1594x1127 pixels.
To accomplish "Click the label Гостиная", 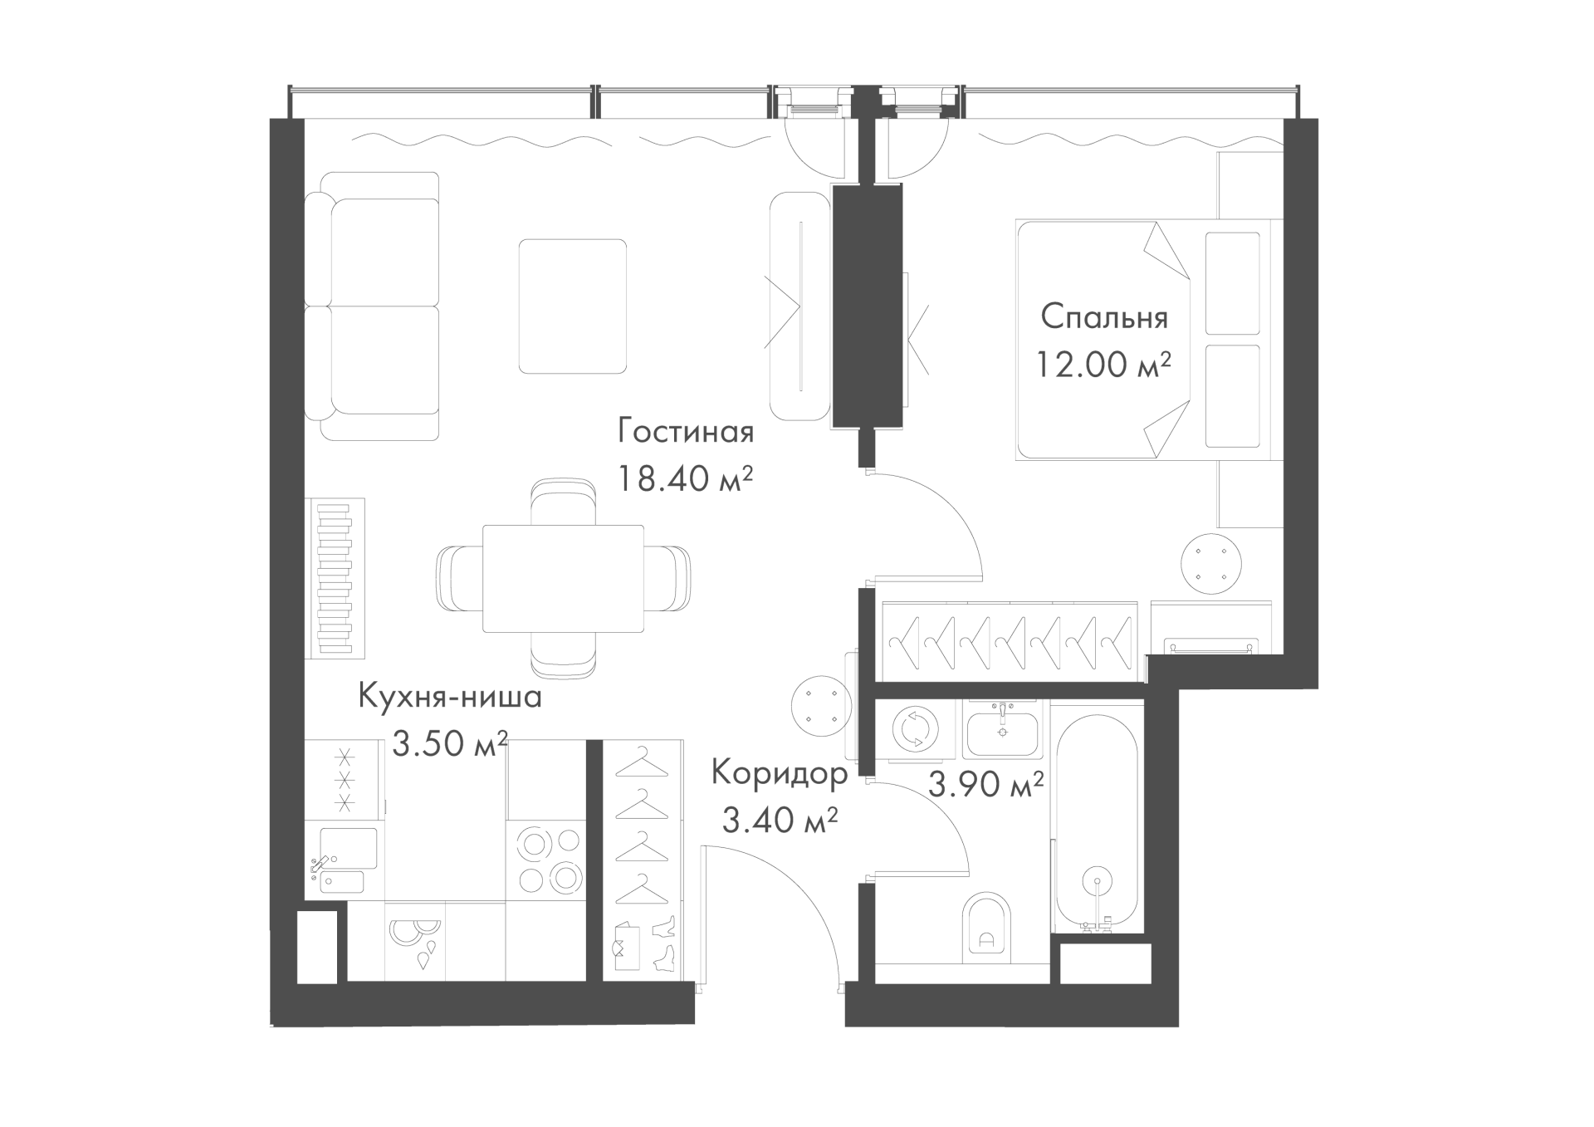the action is (x=686, y=432).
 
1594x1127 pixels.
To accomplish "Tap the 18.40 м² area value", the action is (x=685, y=478).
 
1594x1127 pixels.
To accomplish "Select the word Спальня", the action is (x=1104, y=317).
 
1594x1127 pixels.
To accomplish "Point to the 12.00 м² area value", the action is (x=1103, y=364).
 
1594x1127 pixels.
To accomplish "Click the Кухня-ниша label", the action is (x=450, y=696).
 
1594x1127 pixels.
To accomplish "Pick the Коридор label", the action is (x=780, y=774).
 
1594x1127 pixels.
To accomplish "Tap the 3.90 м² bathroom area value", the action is (x=985, y=783).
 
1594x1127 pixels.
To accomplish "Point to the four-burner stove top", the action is (x=548, y=860).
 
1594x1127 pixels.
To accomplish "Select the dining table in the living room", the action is (x=563, y=579).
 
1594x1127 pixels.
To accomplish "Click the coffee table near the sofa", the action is (x=573, y=306).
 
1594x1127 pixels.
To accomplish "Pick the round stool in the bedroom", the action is (x=1212, y=564).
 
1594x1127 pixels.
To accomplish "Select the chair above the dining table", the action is (x=563, y=502).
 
